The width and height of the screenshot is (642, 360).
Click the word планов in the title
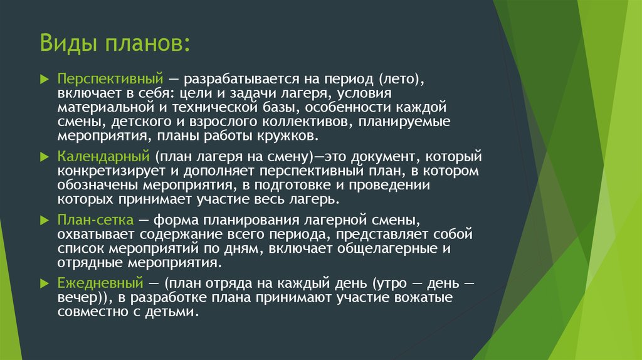(x=147, y=43)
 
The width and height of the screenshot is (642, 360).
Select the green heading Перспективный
(x=110, y=78)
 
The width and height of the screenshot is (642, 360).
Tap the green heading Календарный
(x=103, y=157)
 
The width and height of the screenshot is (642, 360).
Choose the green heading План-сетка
(x=95, y=220)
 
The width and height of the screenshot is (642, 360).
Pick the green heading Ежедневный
(x=100, y=283)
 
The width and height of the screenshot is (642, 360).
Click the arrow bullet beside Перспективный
(x=45, y=78)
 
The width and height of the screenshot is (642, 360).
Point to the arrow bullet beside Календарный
(x=45, y=157)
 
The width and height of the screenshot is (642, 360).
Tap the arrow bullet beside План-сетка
(x=45, y=220)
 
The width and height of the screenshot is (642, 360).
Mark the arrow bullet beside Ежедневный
(x=45, y=283)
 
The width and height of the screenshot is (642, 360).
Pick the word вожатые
(x=423, y=297)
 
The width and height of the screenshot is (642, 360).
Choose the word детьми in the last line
(x=172, y=312)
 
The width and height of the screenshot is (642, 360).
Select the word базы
(x=279, y=107)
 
